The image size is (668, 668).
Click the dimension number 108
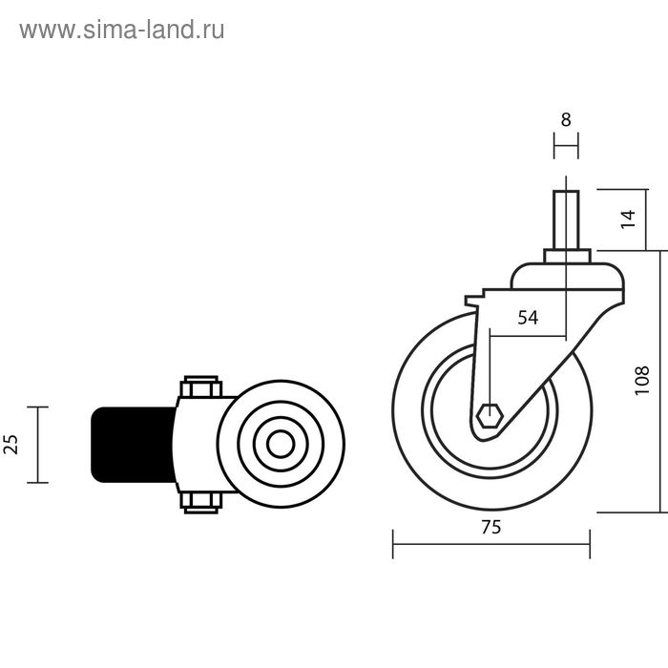coord(641,381)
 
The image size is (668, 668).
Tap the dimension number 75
coord(491,526)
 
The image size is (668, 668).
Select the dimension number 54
coord(528,318)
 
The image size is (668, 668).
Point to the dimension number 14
coord(626,219)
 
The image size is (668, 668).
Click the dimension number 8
coord(566,120)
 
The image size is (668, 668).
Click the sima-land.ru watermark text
coord(122,30)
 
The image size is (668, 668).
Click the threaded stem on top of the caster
coord(566,219)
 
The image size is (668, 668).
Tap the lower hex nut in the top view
coord(200,502)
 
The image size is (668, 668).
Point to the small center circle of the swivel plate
coord(281,445)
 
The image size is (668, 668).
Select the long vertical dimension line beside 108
coord(661,381)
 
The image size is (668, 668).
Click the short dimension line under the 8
coord(566,146)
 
